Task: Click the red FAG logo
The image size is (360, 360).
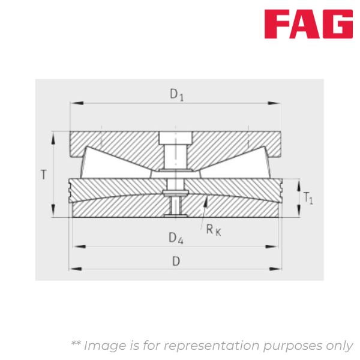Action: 310,24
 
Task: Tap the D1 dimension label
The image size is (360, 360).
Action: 176,94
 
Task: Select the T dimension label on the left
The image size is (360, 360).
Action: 43,175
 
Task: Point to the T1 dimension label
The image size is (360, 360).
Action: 308,197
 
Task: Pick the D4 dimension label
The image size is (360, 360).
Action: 176,238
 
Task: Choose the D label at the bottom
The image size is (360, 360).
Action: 176,261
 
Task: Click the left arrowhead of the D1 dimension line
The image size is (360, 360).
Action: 74,104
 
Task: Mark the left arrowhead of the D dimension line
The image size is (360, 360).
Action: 74,268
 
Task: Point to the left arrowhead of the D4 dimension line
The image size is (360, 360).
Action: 76,246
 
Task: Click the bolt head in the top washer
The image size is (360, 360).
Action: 175,137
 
